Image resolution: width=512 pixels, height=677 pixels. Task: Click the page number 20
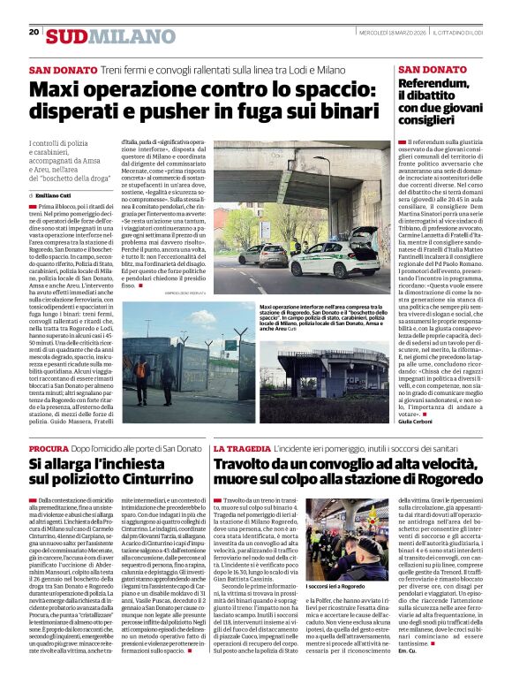tap(34, 33)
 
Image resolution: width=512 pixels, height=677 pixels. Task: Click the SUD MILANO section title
tap(98, 35)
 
